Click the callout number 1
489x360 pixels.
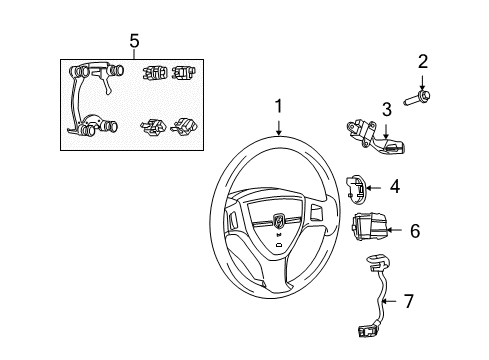[x=279, y=107]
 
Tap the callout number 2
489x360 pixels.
[x=423, y=62]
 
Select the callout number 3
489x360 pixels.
[x=387, y=109]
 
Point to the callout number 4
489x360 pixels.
[x=395, y=187]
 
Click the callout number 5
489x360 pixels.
[x=134, y=41]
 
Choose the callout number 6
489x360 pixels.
[x=415, y=231]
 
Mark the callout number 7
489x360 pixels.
[x=409, y=301]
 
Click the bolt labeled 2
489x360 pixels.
[x=417, y=98]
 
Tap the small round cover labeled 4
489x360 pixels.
[x=356, y=190]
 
